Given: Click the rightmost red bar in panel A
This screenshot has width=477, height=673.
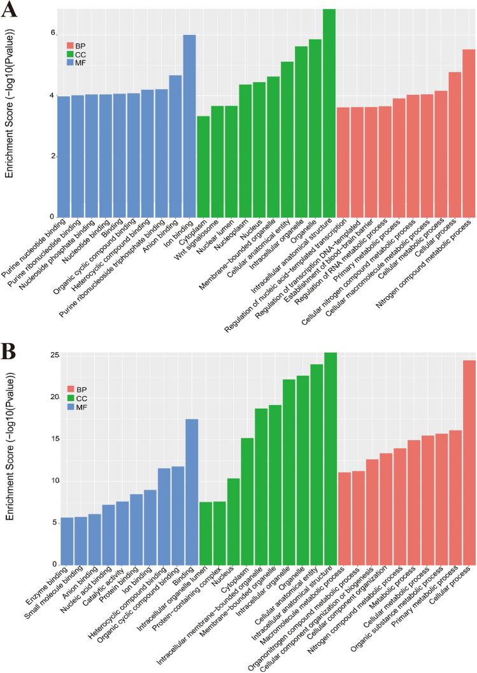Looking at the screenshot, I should click(x=469, y=133).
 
